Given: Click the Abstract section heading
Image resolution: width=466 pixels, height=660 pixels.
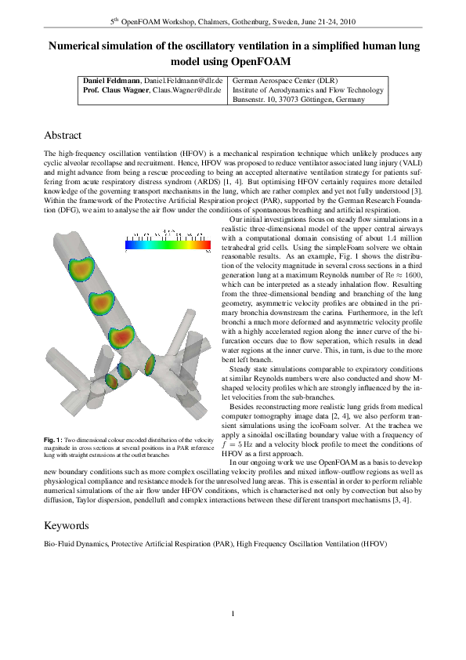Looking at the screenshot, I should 63,136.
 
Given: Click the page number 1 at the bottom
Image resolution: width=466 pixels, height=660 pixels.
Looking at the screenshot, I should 233,613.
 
